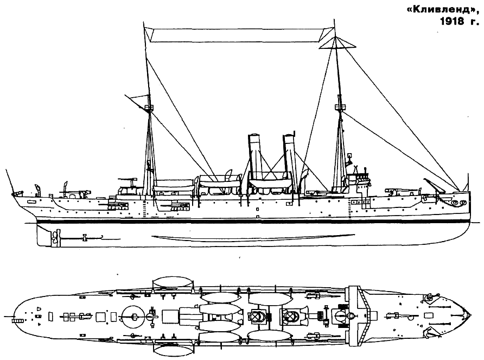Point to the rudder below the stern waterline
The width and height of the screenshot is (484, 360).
point(43,236)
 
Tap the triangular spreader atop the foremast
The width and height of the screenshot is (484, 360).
point(336,43)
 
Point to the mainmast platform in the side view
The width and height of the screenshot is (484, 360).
point(149,107)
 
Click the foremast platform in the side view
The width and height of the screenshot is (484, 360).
point(340,107)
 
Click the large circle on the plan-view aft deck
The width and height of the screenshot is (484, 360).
point(134,316)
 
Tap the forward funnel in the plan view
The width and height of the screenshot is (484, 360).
point(291,316)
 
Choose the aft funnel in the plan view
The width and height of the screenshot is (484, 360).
point(259,317)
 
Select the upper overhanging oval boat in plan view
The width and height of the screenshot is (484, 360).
point(173,281)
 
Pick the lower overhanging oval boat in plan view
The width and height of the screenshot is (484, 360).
point(173,350)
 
